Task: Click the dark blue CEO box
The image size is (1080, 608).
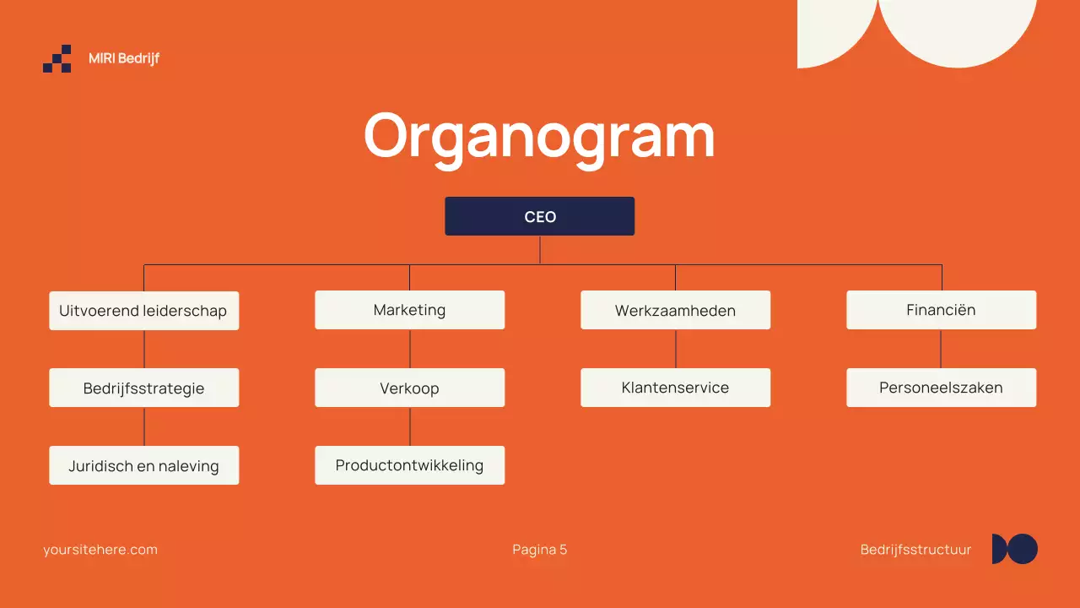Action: coord(539,216)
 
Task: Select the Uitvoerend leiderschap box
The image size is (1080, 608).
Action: coord(143,310)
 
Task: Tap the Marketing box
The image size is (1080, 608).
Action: coord(409,310)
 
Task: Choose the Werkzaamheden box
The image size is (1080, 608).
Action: coord(675,310)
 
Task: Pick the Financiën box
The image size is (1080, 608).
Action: coord(941,310)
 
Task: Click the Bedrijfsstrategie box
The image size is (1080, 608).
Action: coord(143,388)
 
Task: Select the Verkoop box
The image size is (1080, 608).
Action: coord(409,388)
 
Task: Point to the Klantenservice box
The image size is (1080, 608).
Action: coord(675,388)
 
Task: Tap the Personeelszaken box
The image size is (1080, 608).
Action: coord(941,388)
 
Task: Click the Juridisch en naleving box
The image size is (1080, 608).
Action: coord(143,465)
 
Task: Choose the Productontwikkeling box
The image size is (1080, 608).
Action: coord(409,465)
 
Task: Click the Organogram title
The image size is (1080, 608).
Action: coord(539,135)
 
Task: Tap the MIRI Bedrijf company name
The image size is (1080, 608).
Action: coord(124,58)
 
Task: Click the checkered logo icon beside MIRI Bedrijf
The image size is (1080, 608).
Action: coord(57,58)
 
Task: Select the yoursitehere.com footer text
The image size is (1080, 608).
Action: coord(100,550)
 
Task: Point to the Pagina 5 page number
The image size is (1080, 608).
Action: coord(539,550)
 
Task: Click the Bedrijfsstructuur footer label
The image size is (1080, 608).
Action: coord(915,550)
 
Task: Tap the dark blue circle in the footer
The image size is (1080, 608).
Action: coord(1023,549)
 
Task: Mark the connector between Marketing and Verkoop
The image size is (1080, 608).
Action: coord(410,349)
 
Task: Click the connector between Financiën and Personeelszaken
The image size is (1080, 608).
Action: coord(941,349)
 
